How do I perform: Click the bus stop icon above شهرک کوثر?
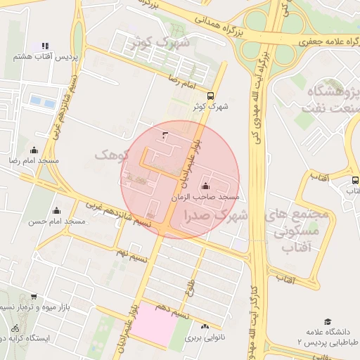tap(211, 96)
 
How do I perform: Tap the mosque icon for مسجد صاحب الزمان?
tap(205, 186)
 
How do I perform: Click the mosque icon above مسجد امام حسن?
tap(57, 210)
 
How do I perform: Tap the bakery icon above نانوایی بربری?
tap(205, 327)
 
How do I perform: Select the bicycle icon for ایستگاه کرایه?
tap(15, 328)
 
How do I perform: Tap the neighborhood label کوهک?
tap(112, 154)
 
